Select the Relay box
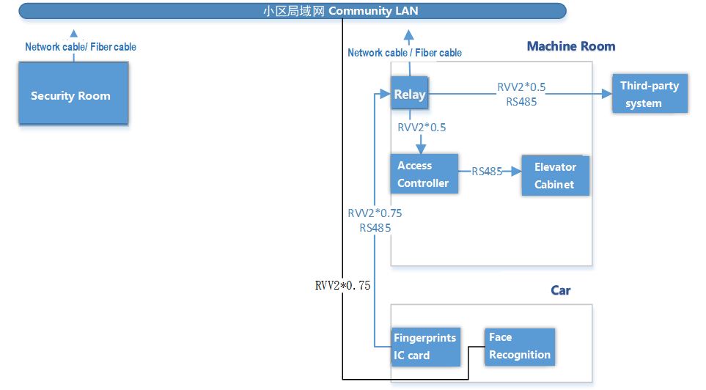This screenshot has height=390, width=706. [x=409, y=94]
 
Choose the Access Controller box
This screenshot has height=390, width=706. [x=424, y=174]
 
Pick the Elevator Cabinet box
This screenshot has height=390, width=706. [x=555, y=176]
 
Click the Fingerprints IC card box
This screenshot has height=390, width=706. [x=426, y=347]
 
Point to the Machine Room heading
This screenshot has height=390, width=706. [x=570, y=46]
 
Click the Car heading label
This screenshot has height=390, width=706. [x=560, y=290]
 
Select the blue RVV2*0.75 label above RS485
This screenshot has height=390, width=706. [x=375, y=213]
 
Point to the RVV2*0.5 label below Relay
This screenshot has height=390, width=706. [x=422, y=127]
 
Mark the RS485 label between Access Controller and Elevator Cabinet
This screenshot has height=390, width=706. [x=486, y=172]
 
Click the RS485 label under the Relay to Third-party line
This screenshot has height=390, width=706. [x=521, y=102]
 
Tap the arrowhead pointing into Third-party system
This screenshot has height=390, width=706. [x=607, y=94]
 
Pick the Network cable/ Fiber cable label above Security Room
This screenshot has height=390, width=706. [x=81, y=47]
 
